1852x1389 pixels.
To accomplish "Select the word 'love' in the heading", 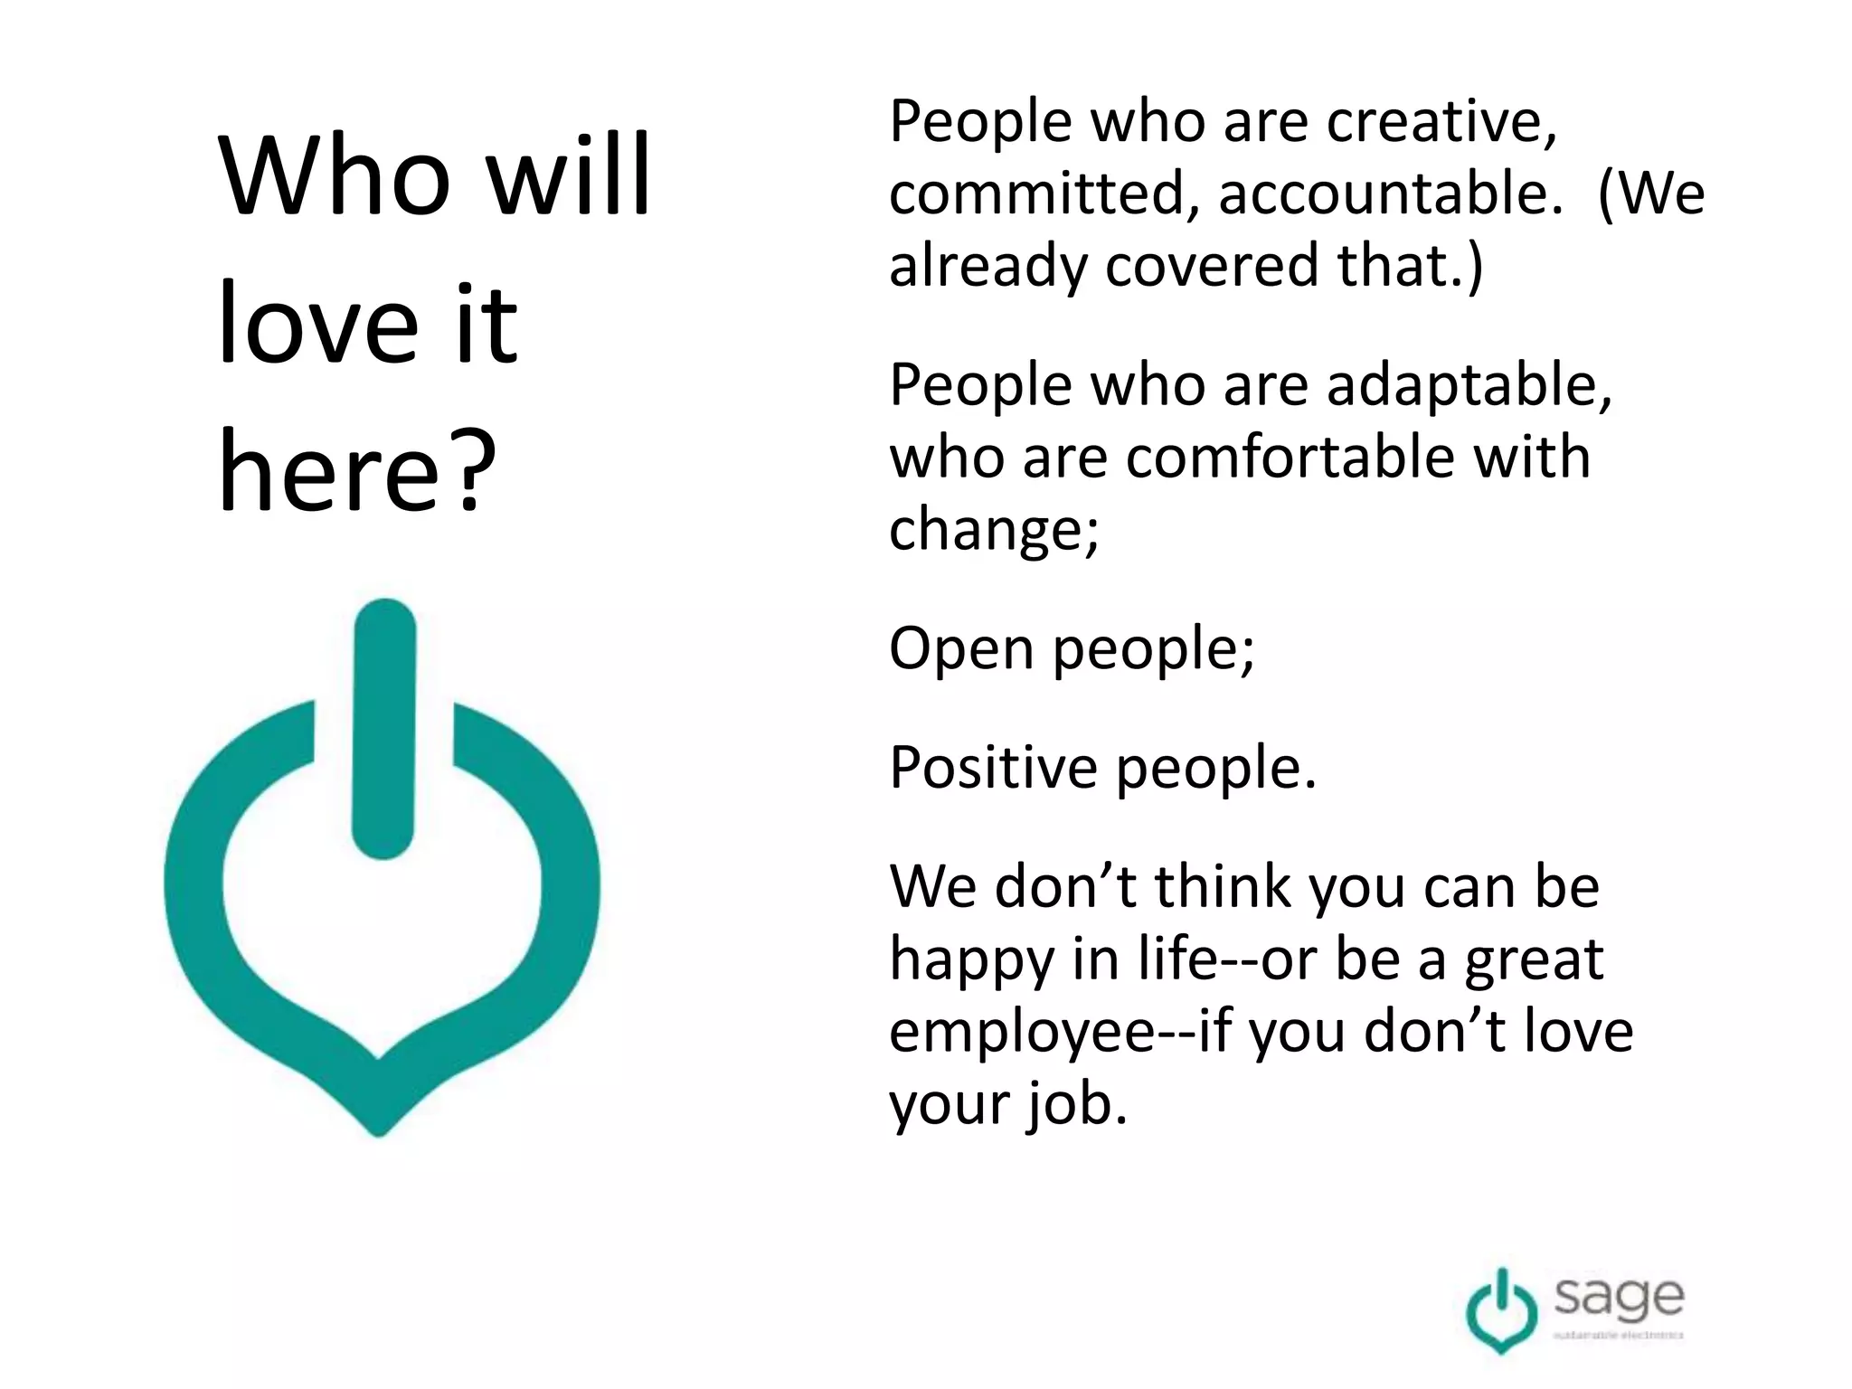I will [318, 324].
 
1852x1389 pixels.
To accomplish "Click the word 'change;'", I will [994, 529].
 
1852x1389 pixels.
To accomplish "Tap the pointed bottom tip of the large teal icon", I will [380, 1126].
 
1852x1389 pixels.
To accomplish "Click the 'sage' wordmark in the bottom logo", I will [1619, 1299].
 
